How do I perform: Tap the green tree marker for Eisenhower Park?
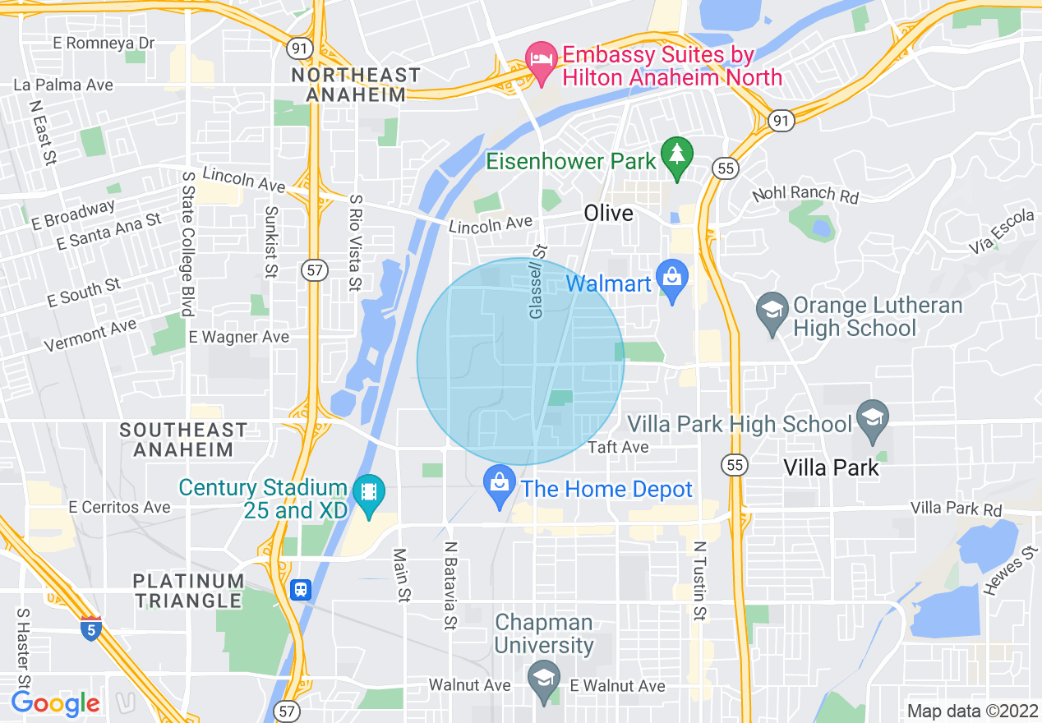click(677, 157)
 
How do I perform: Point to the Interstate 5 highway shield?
click(90, 629)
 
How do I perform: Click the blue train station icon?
click(302, 590)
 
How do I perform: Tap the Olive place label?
click(609, 213)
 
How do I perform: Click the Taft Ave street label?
click(619, 447)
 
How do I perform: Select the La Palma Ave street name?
click(63, 85)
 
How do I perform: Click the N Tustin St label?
click(699, 580)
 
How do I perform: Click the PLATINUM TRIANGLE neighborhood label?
click(189, 590)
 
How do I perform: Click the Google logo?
click(55, 703)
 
